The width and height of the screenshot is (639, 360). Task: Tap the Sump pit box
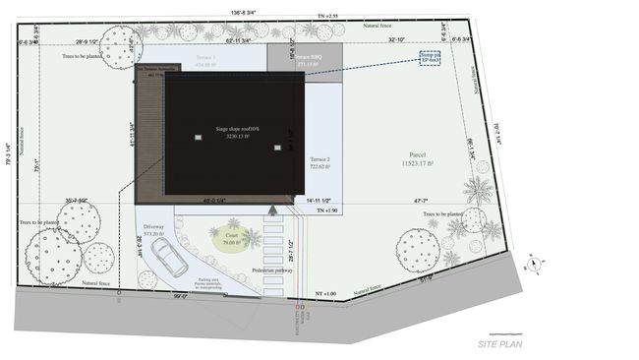click(x=430, y=58)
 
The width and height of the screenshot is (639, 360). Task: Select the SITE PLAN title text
click(x=501, y=343)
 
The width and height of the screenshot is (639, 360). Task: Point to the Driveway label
click(x=151, y=227)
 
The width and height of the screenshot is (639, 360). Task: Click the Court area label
click(x=233, y=237)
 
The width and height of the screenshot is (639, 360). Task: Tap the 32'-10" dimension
click(x=396, y=40)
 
